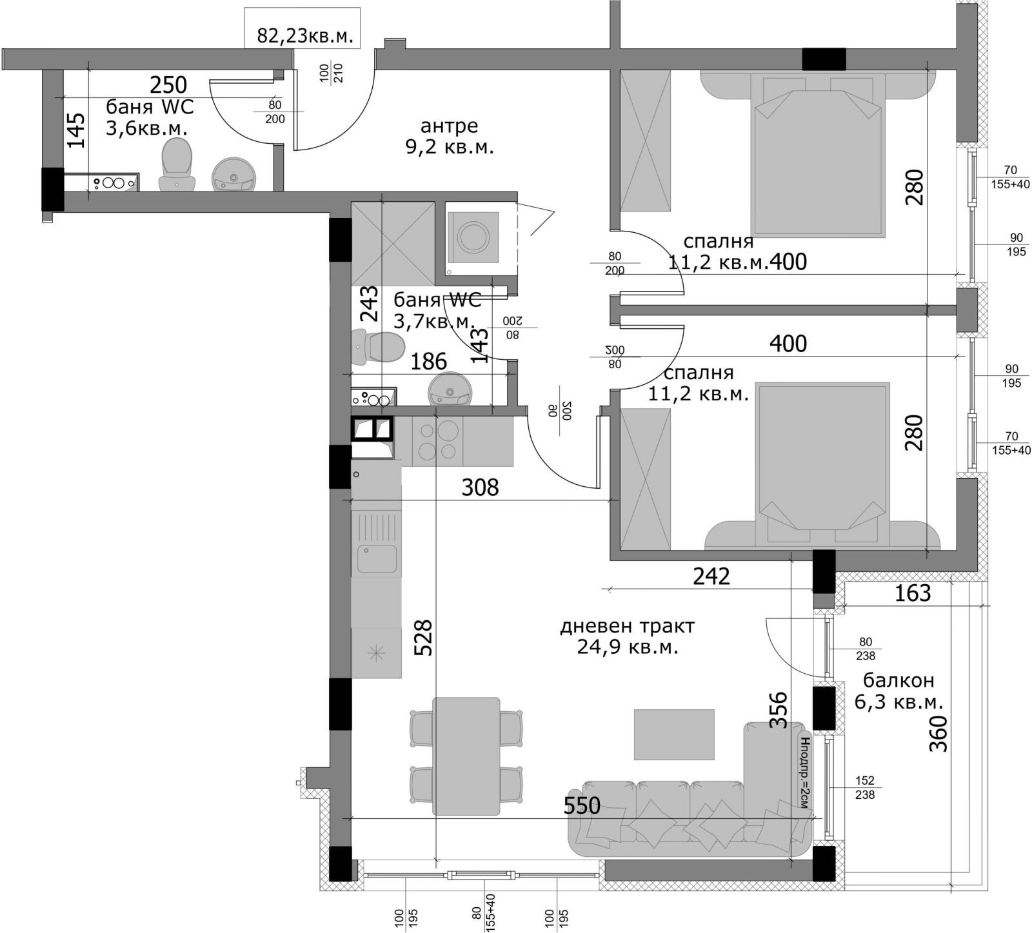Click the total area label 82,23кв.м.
(305, 35)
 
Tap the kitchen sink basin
(377, 559)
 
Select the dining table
(466, 756)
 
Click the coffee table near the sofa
(674, 734)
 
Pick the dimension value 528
(423, 638)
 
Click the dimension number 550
(582, 805)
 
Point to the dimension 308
(481, 487)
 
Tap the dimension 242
(711, 576)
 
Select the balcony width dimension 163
(913, 593)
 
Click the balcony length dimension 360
(938, 734)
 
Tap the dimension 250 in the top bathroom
(168, 84)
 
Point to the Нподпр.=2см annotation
(803, 771)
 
